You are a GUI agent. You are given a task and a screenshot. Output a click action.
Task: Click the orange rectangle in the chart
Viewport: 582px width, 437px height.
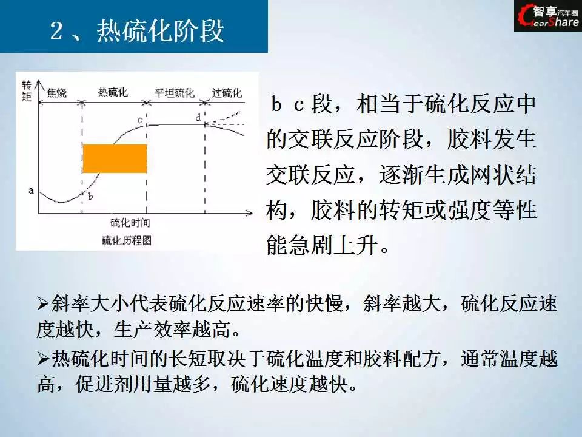(x=115, y=158)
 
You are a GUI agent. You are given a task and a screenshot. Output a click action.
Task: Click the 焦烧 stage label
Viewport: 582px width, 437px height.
(x=57, y=92)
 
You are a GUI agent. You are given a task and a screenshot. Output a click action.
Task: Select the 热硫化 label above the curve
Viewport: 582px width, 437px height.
(x=113, y=92)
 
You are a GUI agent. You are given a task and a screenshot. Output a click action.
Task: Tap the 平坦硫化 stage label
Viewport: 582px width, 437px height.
(x=175, y=92)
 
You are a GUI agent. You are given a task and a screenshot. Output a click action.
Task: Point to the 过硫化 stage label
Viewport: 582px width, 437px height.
(x=227, y=92)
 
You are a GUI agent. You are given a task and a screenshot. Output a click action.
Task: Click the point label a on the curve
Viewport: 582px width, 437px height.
(x=31, y=191)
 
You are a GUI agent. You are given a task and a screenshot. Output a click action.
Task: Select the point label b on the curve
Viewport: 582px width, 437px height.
(x=90, y=196)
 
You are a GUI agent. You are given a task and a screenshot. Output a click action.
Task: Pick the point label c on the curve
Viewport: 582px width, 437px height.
(x=140, y=120)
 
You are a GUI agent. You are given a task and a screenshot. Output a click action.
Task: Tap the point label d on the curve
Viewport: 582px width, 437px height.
(x=198, y=118)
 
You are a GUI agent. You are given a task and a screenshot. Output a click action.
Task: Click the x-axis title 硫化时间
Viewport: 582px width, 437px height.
(x=130, y=223)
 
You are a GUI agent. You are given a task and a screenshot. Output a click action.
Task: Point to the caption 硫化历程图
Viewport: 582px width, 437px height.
(x=127, y=241)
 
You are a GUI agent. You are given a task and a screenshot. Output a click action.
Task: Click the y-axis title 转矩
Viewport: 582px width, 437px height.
(x=26, y=90)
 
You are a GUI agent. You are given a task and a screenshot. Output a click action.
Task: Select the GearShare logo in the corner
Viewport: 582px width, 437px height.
(x=548, y=16)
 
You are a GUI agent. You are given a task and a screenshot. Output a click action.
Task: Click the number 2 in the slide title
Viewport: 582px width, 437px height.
(x=56, y=30)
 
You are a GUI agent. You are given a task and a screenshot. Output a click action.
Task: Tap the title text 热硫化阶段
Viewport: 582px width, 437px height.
(x=160, y=30)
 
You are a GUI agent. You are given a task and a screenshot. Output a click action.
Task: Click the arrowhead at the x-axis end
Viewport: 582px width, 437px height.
(x=249, y=213)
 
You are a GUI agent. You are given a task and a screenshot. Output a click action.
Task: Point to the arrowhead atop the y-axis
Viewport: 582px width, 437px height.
(x=39, y=84)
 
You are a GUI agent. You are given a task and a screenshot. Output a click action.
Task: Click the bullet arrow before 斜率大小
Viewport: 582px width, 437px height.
(x=44, y=304)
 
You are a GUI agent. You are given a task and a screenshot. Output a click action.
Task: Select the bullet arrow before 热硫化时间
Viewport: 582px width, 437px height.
(x=44, y=359)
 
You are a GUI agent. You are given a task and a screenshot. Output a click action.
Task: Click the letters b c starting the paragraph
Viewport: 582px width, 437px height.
(x=287, y=104)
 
